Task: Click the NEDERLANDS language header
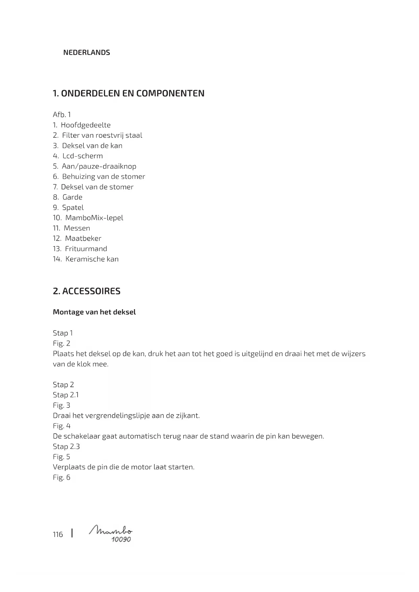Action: (x=86, y=53)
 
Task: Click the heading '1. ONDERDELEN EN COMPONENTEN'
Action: (x=129, y=93)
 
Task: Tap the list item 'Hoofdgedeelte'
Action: (x=86, y=125)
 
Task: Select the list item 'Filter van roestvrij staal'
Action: (x=102, y=135)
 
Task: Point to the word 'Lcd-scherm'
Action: (x=83, y=156)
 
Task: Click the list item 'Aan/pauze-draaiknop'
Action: (x=99, y=166)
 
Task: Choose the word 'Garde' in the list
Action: (x=72, y=197)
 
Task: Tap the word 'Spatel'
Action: (x=73, y=208)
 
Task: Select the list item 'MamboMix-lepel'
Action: (x=94, y=218)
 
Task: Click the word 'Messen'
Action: (x=77, y=228)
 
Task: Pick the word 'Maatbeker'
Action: (x=83, y=239)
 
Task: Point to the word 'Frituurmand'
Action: (x=86, y=249)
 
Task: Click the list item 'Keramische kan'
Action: (x=92, y=259)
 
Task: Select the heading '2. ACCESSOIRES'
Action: (x=87, y=291)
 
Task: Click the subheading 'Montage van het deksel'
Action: (x=94, y=312)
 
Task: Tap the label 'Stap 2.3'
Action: (x=66, y=447)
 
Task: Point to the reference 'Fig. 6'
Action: (x=61, y=478)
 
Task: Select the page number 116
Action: (x=58, y=535)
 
